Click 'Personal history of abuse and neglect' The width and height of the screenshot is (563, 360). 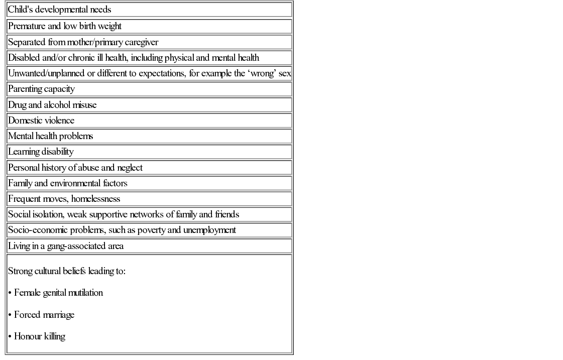[x=75, y=168]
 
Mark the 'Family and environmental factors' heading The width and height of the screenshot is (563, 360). [x=68, y=183]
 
